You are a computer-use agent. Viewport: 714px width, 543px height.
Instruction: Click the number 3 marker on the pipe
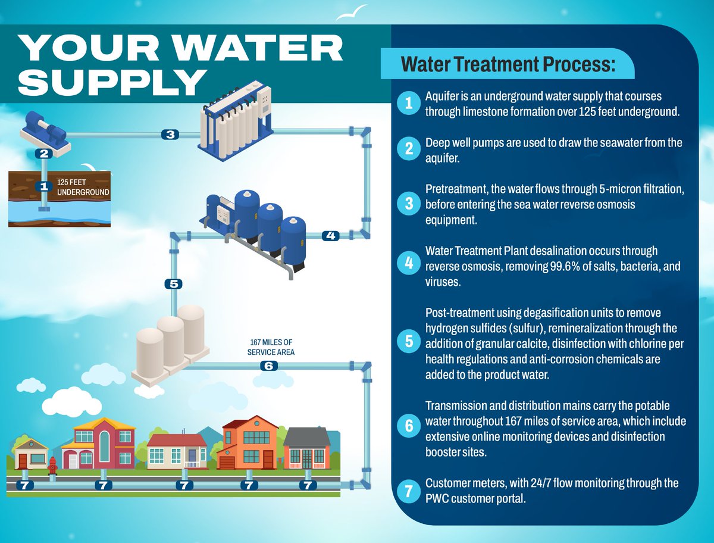tap(170, 135)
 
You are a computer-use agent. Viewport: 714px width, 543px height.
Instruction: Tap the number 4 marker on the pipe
tap(330, 235)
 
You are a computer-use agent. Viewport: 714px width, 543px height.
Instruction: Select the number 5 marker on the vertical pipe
tap(173, 284)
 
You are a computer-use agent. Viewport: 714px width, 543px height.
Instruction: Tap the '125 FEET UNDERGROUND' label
tap(83, 187)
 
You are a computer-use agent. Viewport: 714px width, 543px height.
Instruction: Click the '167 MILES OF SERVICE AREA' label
tap(271, 347)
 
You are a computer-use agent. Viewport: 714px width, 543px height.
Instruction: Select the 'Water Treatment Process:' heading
tap(508, 64)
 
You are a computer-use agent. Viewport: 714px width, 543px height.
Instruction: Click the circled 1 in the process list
tap(408, 104)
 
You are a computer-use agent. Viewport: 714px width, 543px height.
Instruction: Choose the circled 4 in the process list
tap(408, 264)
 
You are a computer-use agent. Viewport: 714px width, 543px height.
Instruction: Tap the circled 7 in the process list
tap(408, 491)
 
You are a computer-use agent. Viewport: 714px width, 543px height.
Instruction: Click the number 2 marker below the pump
tap(43, 153)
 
